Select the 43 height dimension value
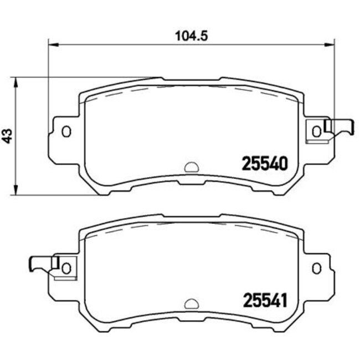point(7,136)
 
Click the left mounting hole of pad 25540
point(66,132)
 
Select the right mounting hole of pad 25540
point(316,131)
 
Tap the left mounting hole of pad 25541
point(66,268)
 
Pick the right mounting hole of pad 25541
point(316,268)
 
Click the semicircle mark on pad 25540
point(191,167)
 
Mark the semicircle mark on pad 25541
point(191,303)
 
